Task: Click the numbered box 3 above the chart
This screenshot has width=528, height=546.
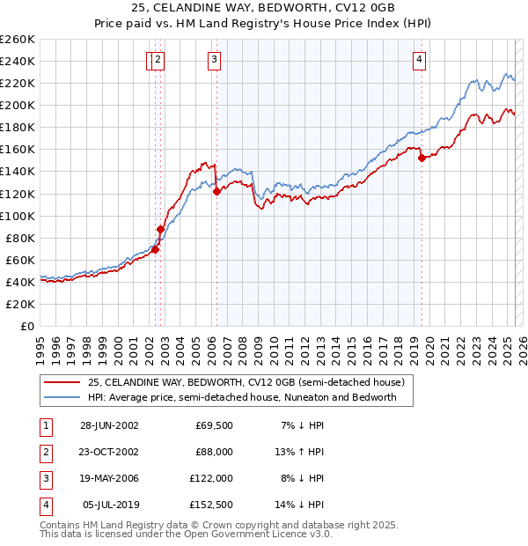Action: coord(215,60)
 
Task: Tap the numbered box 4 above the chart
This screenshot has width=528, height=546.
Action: coord(420,60)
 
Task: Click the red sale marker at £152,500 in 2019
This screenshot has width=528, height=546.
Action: coord(422,158)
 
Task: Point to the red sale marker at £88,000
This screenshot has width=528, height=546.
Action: coord(160,229)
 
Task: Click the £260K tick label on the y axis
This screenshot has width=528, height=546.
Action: coord(17,39)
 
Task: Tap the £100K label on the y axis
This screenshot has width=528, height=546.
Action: coord(17,216)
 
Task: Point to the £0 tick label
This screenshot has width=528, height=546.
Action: coord(26,326)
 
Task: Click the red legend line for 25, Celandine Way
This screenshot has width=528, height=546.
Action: coord(62,382)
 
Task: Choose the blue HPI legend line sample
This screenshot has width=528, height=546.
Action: coord(62,397)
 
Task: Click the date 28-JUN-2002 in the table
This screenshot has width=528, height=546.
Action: coord(109,425)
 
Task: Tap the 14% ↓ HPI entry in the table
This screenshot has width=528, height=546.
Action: coord(300,505)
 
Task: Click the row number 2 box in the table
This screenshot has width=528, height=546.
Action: coord(44,452)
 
